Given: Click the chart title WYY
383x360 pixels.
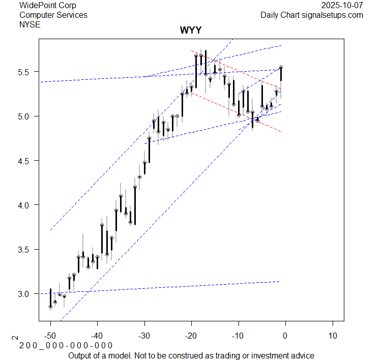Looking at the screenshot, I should point(191,31).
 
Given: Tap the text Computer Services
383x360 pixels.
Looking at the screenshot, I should point(53,15).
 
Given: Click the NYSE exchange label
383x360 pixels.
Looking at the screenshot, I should point(30,24).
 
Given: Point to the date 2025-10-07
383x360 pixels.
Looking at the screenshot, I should point(342,6).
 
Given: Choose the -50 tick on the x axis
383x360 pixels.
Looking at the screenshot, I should point(50,336).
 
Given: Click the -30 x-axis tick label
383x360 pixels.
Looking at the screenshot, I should point(144,336).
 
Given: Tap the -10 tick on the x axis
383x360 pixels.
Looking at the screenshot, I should point(238,336).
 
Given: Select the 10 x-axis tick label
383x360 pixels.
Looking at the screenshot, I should point(332,336).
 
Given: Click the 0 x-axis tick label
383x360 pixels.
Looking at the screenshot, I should point(285,336).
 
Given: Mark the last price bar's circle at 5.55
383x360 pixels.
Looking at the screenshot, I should point(281,67).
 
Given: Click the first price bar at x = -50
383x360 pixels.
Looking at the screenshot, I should point(50,298).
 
